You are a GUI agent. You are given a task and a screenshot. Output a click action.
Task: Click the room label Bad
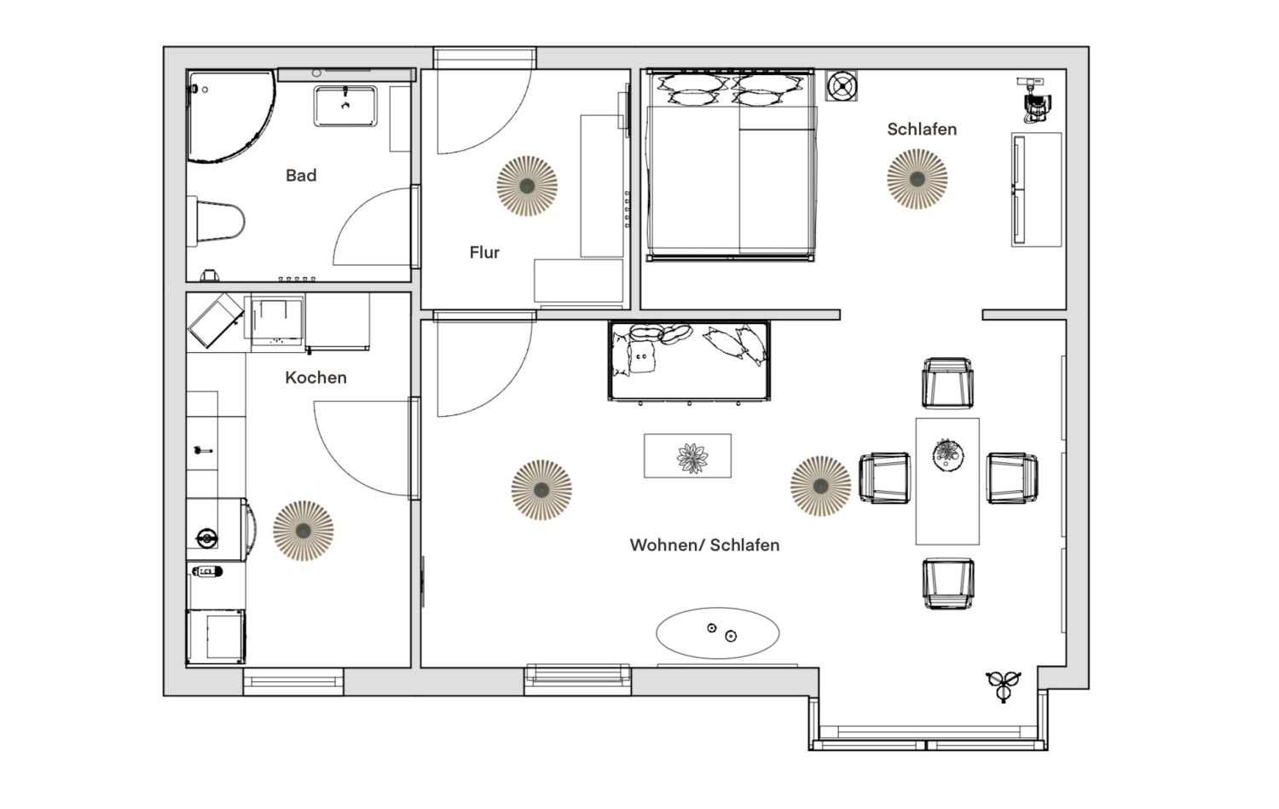[301, 176]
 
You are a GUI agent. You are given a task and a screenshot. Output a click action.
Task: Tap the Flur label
[484, 252]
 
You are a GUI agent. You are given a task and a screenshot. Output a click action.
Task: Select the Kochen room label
[315, 378]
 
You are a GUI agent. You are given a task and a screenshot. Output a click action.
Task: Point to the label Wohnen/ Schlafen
[704, 546]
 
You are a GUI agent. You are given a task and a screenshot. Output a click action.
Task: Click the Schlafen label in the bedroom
[922, 129]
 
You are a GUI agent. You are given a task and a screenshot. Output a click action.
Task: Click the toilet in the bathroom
[216, 221]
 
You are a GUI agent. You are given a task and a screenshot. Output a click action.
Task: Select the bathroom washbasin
[344, 107]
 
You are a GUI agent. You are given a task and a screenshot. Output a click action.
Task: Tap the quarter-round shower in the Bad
[231, 116]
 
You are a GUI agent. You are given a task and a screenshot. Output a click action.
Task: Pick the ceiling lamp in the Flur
[527, 186]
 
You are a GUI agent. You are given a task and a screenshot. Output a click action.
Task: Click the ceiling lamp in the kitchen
[304, 531]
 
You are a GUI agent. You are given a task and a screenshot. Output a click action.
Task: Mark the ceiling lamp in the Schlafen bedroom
[917, 179]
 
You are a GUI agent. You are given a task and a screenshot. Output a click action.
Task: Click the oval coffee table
[718, 633]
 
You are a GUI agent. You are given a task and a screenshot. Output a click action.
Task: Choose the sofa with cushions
[689, 361]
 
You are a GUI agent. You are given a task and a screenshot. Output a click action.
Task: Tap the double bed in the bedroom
[730, 165]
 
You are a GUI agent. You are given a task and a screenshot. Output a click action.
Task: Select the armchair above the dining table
[947, 383]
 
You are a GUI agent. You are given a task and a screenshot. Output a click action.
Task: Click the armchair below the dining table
[948, 583]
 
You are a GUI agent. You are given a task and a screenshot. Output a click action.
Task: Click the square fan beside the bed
[841, 86]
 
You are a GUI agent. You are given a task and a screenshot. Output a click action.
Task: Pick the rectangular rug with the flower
[687, 455]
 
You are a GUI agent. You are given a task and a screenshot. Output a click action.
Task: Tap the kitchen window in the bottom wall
[293, 682]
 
